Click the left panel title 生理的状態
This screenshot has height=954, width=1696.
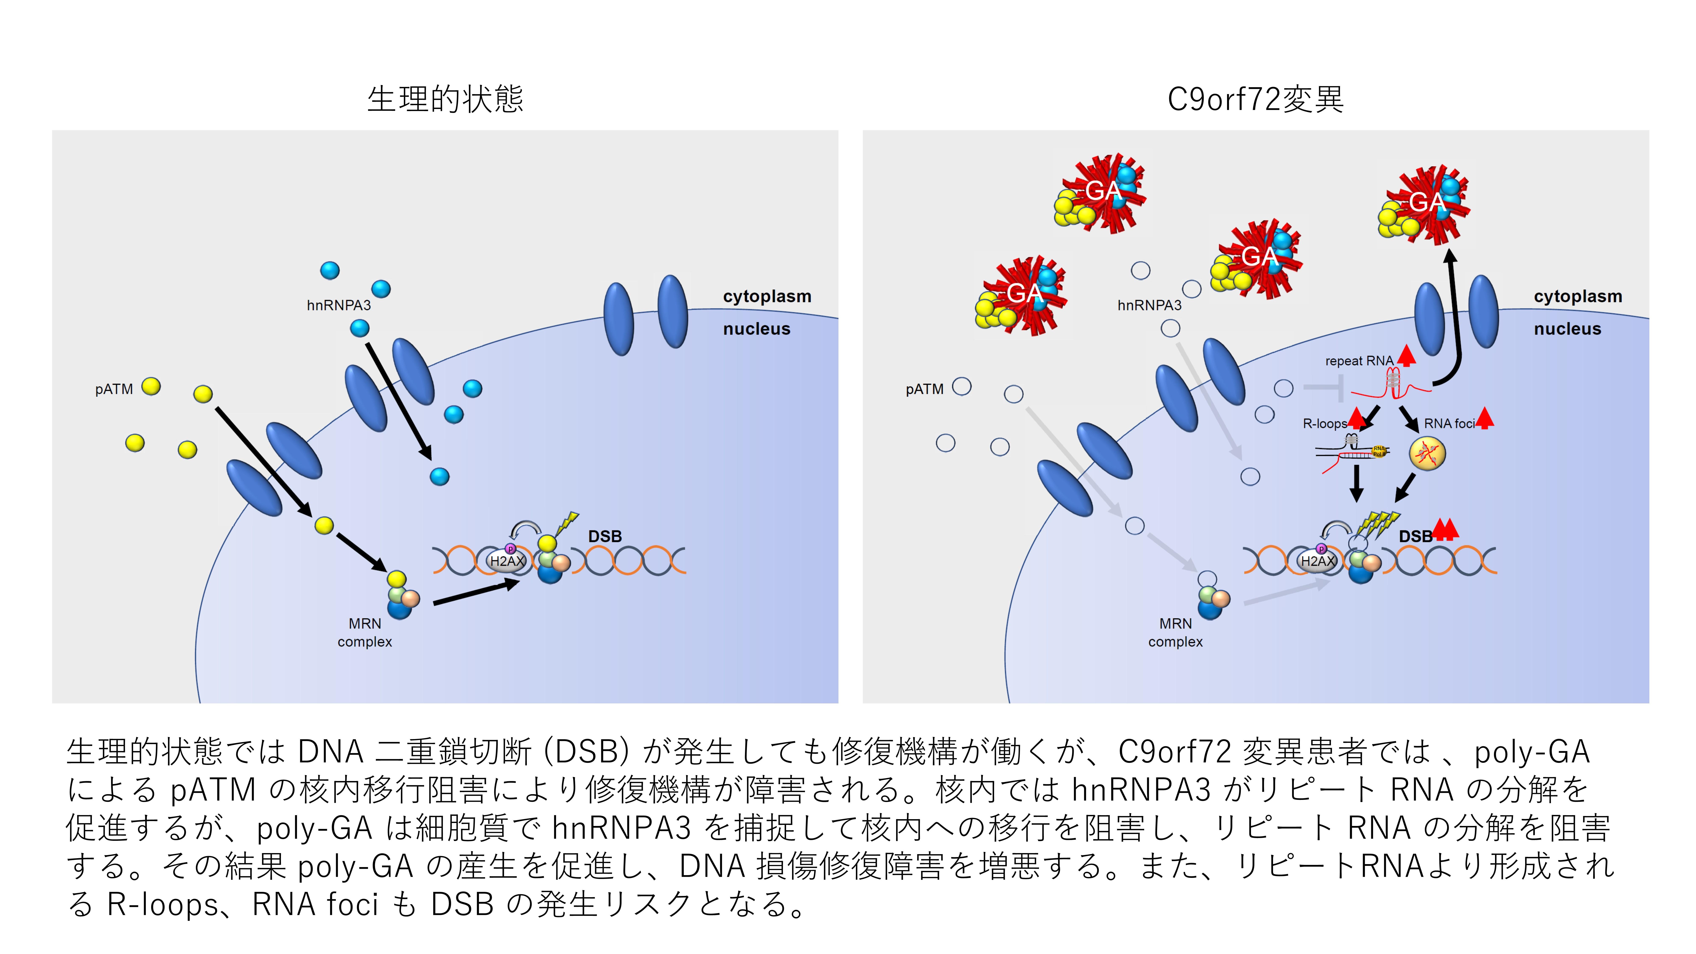tap(445, 99)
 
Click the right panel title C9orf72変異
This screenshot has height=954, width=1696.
tap(1255, 99)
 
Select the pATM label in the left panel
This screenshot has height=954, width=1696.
tap(114, 389)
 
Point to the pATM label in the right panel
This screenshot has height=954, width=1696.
tap(924, 389)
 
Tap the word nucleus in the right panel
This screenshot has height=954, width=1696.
tap(1567, 329)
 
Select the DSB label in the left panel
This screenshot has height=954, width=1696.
tap(604, 537)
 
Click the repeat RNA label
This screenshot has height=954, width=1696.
tap(1359, 361)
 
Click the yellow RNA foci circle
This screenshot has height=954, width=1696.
tap(1427, 454)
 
